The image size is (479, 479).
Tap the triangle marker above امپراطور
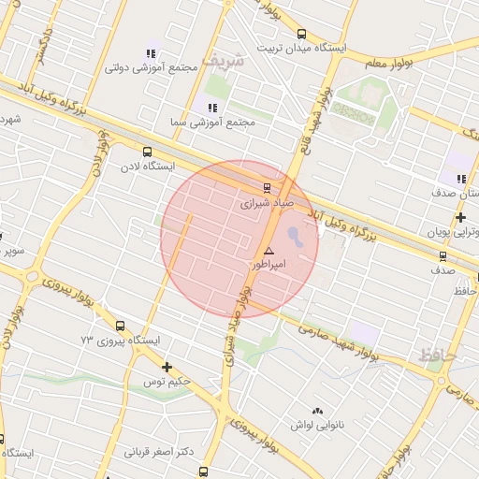click(x=269, y=251)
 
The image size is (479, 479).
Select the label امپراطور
click(x=269, y=265)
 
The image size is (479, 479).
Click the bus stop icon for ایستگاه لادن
click(x=146, y=152)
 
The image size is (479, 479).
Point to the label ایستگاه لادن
click(x=146, y=166)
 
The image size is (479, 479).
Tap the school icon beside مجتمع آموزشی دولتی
click(x=151, y=53)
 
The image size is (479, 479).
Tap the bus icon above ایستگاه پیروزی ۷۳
click(x=120, y=326)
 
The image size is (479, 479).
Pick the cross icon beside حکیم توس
click(x=167, y=367)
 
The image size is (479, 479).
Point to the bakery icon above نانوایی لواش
click(x=317, y=411)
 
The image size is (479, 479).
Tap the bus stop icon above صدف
click(x=443, y=255)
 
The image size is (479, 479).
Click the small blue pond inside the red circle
click(x=295, y=234)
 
